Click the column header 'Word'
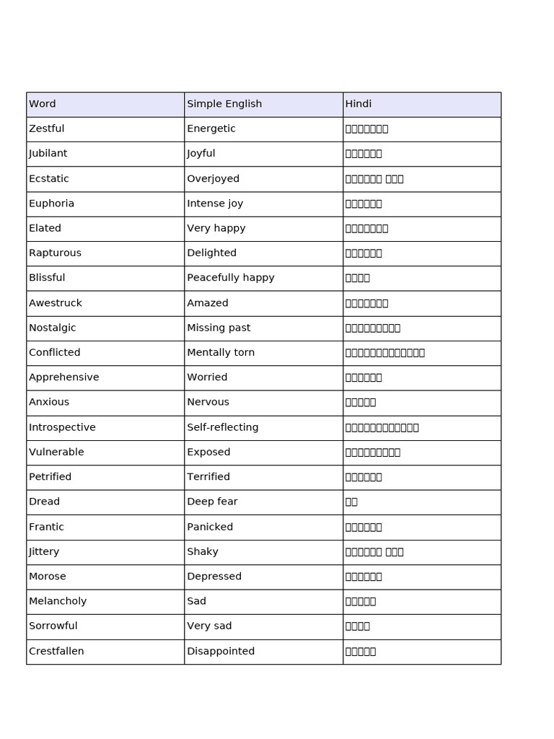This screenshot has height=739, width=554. pos(43,104)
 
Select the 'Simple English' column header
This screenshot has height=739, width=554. pos(224,104)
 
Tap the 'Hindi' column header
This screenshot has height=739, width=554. pos(359,104)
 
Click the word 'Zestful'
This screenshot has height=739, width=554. pos(47,128)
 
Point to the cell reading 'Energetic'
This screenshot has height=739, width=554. pos(211,128)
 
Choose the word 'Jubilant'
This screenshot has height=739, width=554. pos(48,153)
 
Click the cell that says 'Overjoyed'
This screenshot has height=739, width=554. pos(214,178)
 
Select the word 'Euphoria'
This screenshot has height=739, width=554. pos(52,204)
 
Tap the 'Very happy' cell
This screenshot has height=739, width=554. pos(216,228)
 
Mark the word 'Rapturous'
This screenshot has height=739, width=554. pos(56,253)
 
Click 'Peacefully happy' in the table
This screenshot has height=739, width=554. pos(231,278)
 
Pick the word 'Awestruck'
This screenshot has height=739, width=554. pos(56,303)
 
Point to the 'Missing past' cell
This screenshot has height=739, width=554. pos(219,328)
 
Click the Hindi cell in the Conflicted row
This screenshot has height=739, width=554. pos(385,353)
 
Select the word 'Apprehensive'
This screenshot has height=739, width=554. pos(64,377)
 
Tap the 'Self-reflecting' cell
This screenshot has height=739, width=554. pos(223,427)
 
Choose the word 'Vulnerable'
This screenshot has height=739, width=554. pos(56,452)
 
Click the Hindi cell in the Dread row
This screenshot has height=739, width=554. pos(352,502)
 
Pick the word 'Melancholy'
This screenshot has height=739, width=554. pos(58,601)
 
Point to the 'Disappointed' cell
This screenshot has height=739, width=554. pos(221,651)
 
